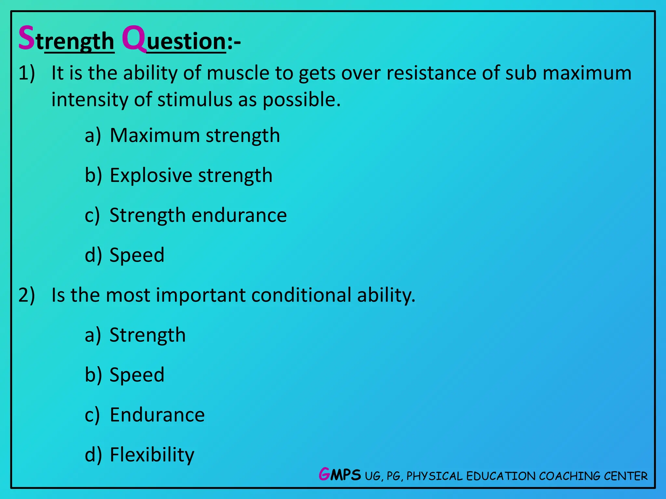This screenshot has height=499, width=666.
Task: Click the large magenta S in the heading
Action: pos(27,38)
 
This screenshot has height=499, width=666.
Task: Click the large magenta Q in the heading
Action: pos(133,38)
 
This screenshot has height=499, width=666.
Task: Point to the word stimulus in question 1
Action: pos(195,100)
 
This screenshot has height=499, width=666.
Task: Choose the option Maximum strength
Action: pos(194,135)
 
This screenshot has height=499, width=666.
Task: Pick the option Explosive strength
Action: pos(191,175)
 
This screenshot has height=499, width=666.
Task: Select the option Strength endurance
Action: pos(198,215)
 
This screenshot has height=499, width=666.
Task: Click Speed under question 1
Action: pos(137,255)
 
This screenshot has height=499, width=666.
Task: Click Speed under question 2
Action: pos(137,375)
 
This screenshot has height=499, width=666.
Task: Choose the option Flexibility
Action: pos(152,455)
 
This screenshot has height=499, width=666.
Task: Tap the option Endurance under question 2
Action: pos(157,415)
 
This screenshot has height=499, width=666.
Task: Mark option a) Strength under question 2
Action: pos(147,335)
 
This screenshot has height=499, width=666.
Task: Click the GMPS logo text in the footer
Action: pos(340,475)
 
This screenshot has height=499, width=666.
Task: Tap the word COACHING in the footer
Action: pos(569,476)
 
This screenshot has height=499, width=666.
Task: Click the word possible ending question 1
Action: pos(301,100)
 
